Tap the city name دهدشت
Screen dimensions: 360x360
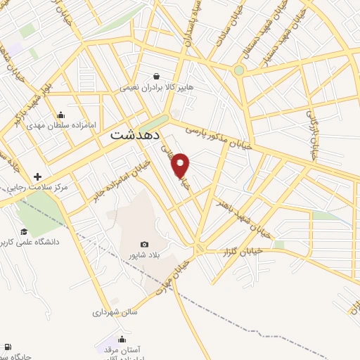tap(137, 136)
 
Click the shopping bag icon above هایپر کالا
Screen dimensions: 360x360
tap(156, 77)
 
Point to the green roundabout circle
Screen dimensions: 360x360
tap(239, 70)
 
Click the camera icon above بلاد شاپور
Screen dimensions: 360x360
tap(145, 244)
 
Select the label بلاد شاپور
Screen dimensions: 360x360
tap(144, 255)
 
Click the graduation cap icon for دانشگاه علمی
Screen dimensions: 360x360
tap(24, 231)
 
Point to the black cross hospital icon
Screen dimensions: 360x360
tap(37, 177)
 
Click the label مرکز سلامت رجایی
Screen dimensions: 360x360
tap(34, 188)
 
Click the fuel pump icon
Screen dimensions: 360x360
tap(8, 347)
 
